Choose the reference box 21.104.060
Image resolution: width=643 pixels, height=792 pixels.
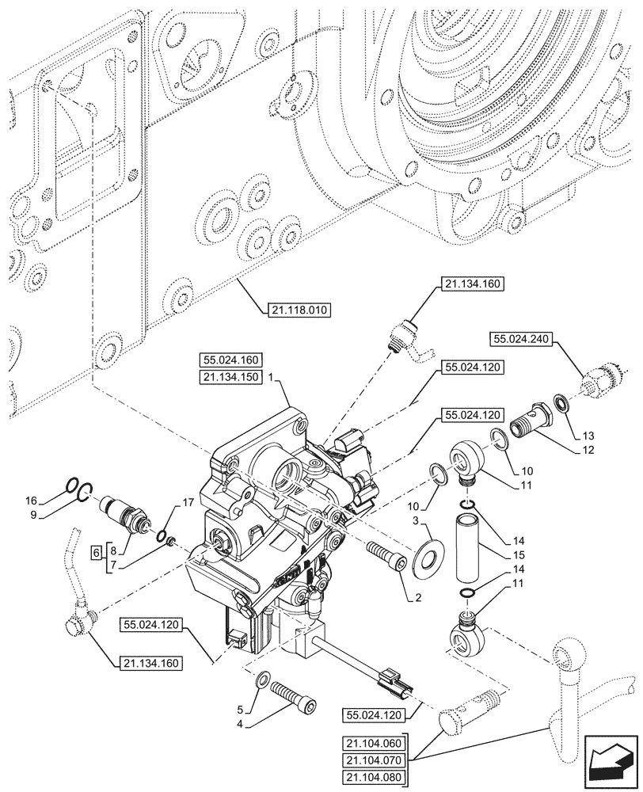373,742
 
